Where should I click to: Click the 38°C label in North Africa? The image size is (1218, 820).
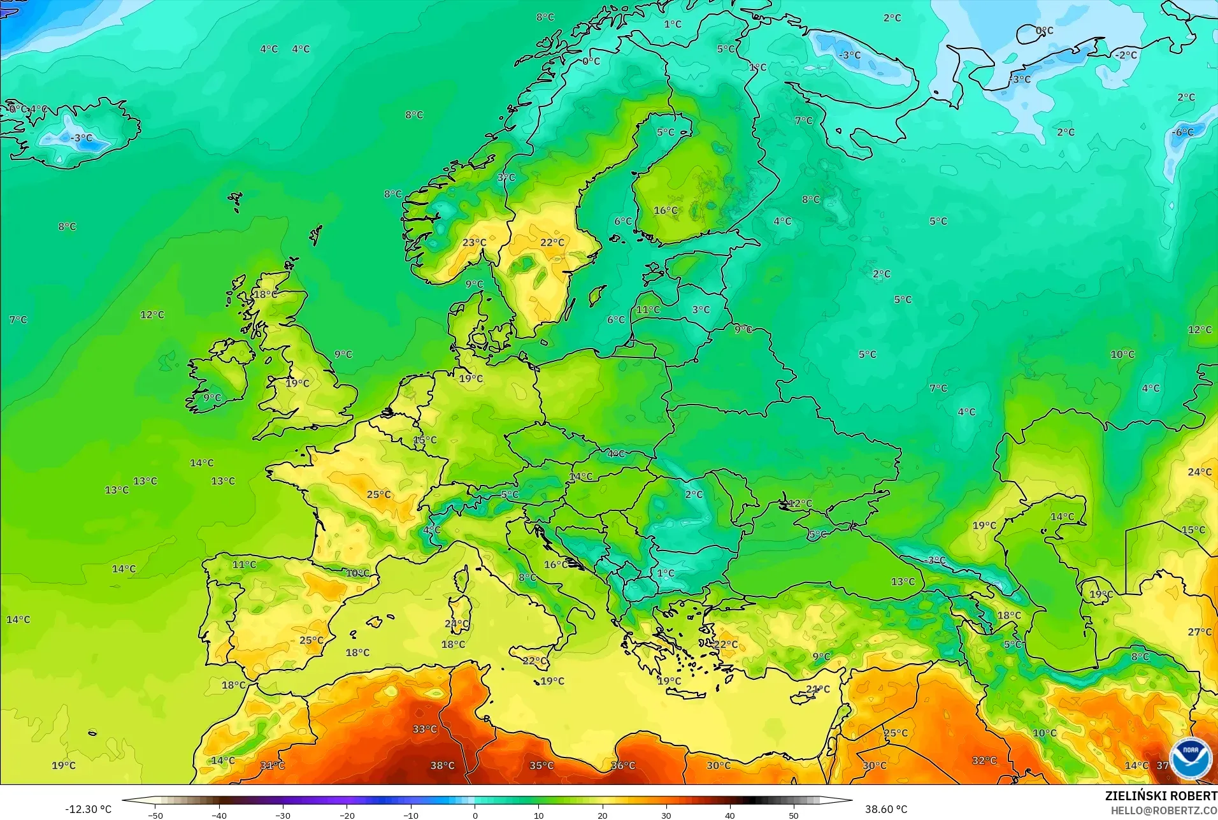pos(442,765)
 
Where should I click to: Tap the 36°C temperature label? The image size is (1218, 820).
pos(623,765)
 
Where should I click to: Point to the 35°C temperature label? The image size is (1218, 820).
pos(541,765)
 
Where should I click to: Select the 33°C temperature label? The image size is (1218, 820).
pos(425,729)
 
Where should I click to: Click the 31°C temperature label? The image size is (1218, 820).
pos(272,765)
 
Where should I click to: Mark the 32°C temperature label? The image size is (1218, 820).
pos(984,760)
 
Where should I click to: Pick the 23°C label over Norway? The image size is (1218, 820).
pos(474,242)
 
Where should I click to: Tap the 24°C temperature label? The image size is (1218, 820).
pos(1200,472)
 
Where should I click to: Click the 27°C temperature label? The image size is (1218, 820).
pos(1200,631)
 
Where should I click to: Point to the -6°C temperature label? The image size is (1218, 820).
pos(1183,132)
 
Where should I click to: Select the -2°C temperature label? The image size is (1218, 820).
pos(1126,55)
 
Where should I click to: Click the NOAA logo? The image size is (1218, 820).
pos(1190,758)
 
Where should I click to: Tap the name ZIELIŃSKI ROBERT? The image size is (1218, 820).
pos(1161,796)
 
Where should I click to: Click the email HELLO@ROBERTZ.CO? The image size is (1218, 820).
pos(1164,810)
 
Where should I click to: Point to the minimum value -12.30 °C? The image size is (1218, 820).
pos(88,809)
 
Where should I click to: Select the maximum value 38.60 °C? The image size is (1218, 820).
pos(885,809)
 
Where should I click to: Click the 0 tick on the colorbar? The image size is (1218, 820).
pos(475,815)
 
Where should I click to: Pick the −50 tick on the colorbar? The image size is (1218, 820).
pos(155,815)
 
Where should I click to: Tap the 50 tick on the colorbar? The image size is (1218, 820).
pos(794,815)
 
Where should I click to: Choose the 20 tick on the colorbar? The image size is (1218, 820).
pos(602,815)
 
